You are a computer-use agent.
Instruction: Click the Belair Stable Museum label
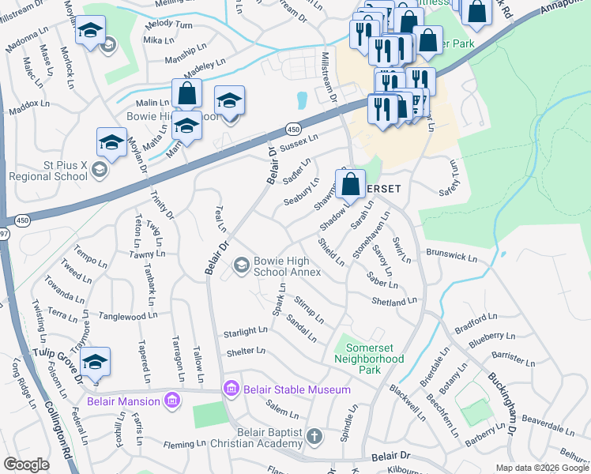click(x=296, y=389)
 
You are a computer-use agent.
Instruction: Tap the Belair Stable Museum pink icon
click(x=231, y=389)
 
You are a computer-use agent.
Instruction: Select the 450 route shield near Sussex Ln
click(x=293, y=127)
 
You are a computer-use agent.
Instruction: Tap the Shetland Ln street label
click(x=393, y=302)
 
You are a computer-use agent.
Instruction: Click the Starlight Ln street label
click(x=246, y=332)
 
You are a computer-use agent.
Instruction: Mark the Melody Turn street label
click(x=169, y=26)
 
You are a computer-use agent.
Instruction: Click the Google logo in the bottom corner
click(x=26, y=464)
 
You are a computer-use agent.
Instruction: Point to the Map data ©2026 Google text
click(x=542, y=468)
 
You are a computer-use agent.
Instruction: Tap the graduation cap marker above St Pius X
click(x=111, y=142)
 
